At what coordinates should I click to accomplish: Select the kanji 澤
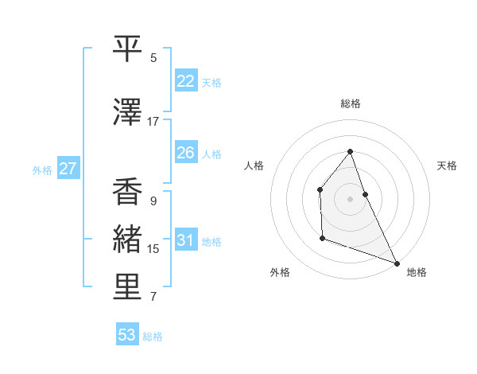pos(127,114)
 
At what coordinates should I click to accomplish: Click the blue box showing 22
pos(186,81)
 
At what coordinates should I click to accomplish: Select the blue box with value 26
pos(186,153)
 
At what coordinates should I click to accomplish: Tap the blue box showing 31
pos(186,240)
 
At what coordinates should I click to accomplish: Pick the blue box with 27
pos(68,169)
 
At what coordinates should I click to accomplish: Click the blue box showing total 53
pos(127,335)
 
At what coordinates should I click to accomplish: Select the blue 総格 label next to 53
pos(153,337)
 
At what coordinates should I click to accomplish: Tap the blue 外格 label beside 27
pos(42,169)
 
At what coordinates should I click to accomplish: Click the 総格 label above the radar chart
pos(350,103)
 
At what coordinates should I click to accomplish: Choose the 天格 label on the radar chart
pos(448,166)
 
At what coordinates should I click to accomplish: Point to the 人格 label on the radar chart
pos(254,166)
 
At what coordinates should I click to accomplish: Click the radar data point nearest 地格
pos(397,263)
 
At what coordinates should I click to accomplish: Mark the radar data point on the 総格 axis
pos(350,152)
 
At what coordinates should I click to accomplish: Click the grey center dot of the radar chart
pos(350,198)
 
